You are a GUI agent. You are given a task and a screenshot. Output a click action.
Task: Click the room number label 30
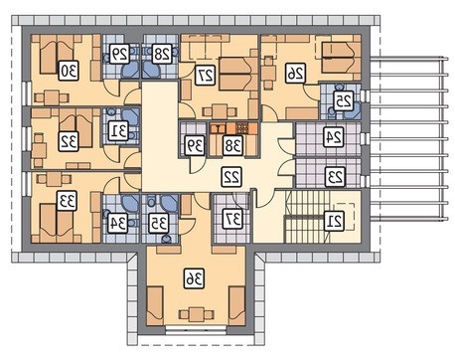[69, 71]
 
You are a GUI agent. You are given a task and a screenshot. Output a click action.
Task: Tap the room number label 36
[195, 278]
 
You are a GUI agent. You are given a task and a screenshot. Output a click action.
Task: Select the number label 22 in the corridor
[231, 177]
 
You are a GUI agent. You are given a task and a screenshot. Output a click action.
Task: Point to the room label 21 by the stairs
[334, 221]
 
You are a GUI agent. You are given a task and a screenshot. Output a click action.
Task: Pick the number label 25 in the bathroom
[344, 100]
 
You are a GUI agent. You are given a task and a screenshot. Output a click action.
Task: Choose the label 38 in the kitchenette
[233, 145]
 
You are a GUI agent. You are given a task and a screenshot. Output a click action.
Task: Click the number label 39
[195, 145]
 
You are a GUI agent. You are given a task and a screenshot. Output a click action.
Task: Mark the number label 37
[232, 219]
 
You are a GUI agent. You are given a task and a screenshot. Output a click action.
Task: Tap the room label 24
[334, 136]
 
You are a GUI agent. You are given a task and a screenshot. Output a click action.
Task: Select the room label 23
[336, 177]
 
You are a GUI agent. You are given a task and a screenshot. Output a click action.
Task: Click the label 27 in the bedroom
[206, 76]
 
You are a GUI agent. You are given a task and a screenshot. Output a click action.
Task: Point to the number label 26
[296, 73]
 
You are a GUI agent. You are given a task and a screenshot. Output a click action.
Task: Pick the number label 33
[67, 201]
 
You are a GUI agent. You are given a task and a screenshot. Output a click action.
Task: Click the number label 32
[69, 141]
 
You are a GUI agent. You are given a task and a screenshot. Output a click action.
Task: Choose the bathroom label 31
[118, 131]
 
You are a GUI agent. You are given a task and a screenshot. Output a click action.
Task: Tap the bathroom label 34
[118, 224]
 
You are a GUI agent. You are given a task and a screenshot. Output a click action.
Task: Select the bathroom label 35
[159, 224]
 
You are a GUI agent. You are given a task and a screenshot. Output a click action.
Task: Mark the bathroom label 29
[119, 53]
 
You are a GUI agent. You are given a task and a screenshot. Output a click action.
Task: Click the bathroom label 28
[162, 53]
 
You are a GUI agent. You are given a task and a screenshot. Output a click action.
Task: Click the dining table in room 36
[197, 314]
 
